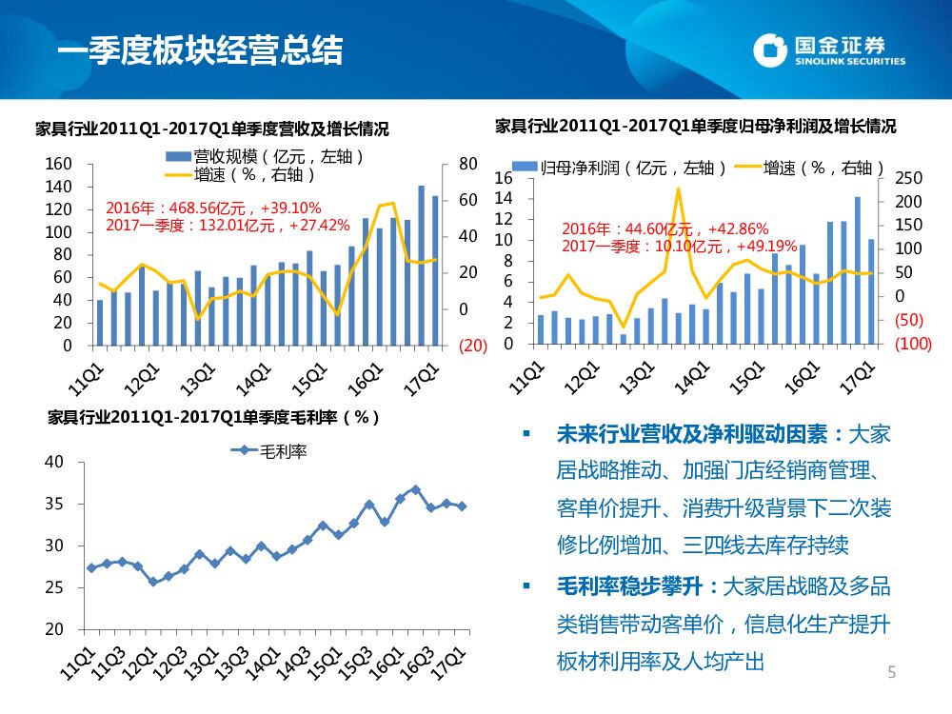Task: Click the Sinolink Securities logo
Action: pos(827,50)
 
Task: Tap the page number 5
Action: pos(892,673)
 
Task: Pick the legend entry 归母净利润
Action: pos(620,169)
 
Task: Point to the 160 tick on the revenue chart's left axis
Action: pos(59,165)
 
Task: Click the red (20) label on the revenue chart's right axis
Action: pos(473,346)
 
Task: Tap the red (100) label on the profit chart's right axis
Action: pos(913,344)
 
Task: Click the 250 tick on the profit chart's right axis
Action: pos(910,179)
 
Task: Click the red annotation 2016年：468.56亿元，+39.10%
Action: pos(213,208)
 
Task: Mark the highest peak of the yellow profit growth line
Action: pos(679,188)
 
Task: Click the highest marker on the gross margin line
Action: pos(415,490)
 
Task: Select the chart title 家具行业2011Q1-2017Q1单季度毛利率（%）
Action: pos(213,417)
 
